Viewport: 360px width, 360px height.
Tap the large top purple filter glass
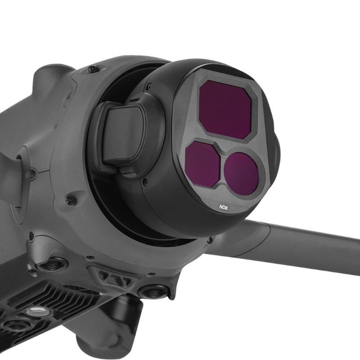(225, 110)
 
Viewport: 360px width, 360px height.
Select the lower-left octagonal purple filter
(202, 164)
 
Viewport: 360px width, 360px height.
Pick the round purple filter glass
(241, 174)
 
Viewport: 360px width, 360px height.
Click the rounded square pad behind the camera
(123, 135)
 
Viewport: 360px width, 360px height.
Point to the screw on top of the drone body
(93, 69)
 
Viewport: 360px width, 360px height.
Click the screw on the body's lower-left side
(70, 200)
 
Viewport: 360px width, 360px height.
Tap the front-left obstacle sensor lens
(52, 265)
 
